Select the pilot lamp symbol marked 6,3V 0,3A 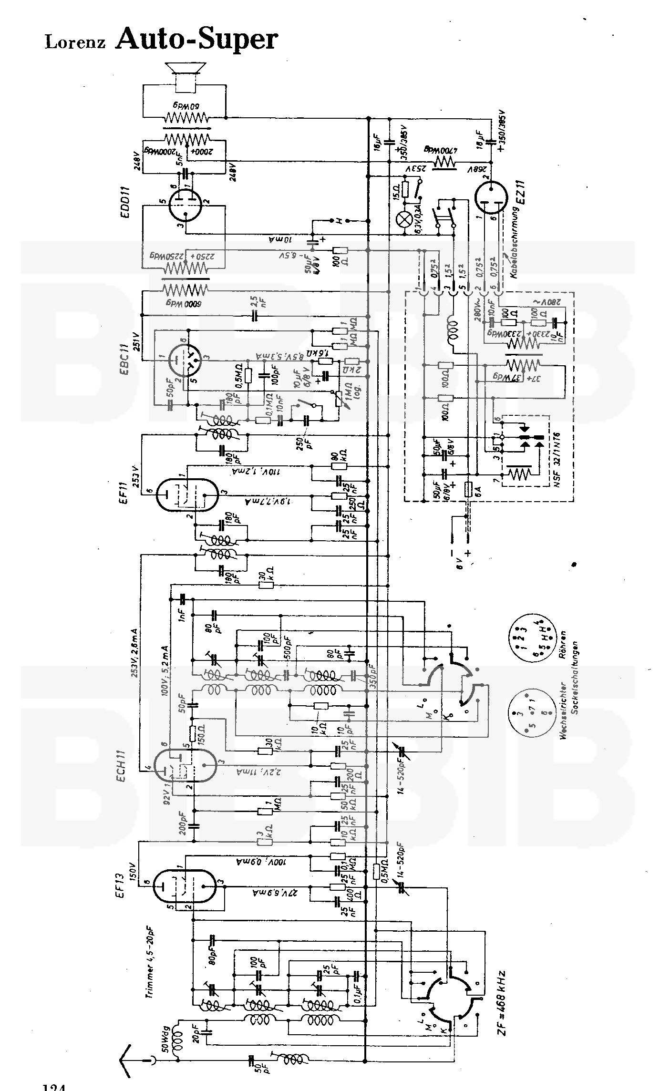coord(405,219)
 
